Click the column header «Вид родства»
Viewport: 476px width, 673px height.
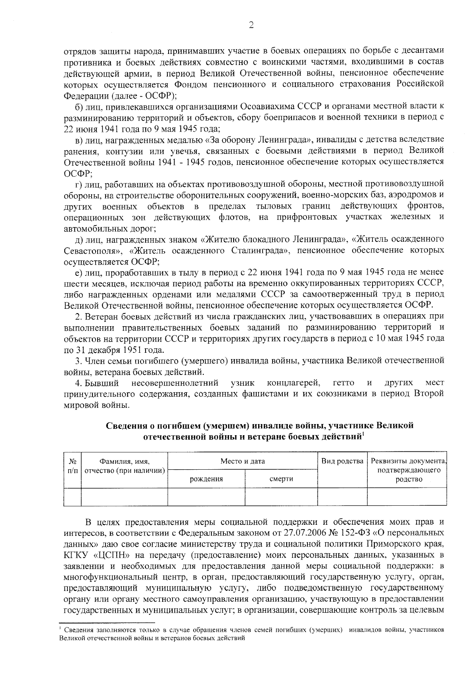click(x=342, y=461)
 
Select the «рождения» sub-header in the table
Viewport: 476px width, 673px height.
click(x=206, y=479)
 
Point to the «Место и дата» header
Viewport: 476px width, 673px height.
click(x=243, y=461)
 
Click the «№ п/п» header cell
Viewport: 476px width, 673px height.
click(x=72, y=465)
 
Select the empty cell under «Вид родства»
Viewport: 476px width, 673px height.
click(x=342, y=497)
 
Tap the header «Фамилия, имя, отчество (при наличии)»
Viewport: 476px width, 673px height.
click(x=125, y=466)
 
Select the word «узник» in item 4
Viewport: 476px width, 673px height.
click(x=242, y=383)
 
